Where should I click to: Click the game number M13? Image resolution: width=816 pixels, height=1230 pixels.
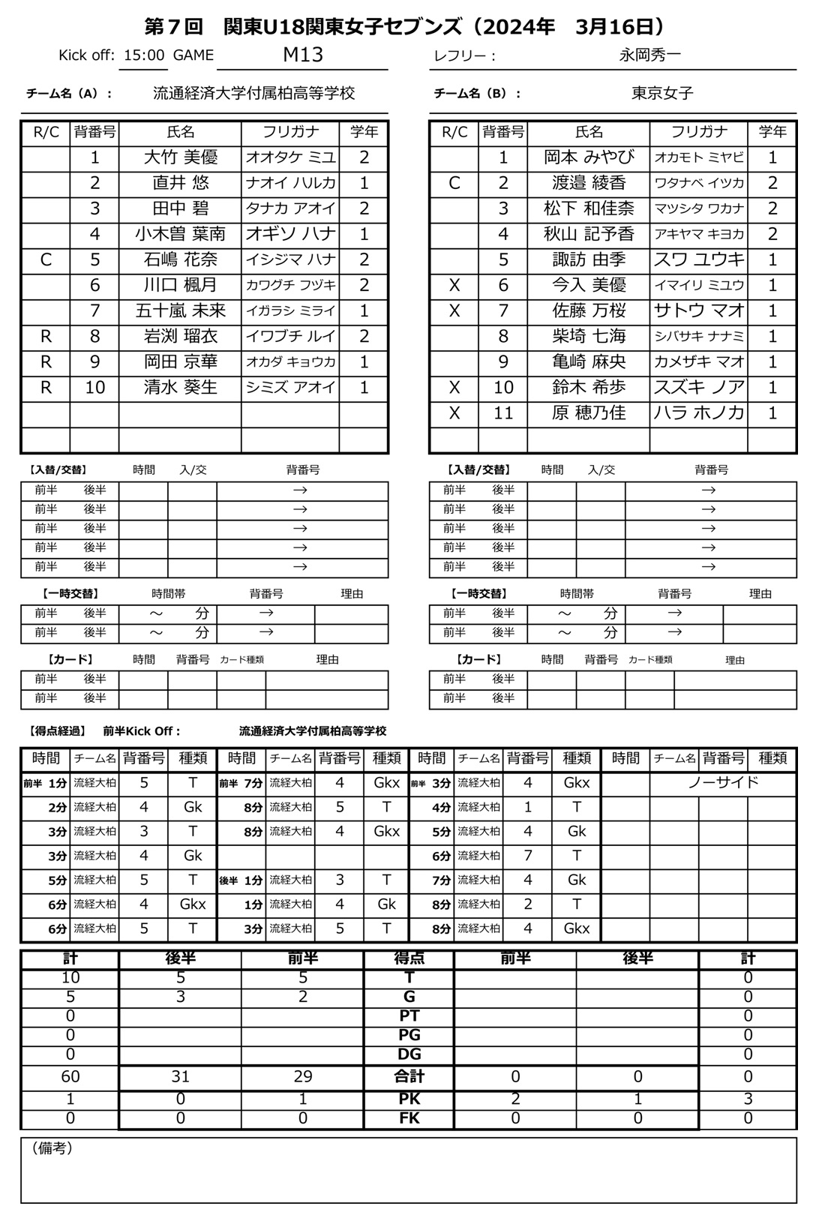[x=303, y=55]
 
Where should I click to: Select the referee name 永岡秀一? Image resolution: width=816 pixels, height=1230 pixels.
[x=649, y=55]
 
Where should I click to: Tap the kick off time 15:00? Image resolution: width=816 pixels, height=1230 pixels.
[x=144, y=55]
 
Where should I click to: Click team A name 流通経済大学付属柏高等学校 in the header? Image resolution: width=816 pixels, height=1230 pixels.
[x=253, y=94]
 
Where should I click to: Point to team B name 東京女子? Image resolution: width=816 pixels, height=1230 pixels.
[x=662, y=94]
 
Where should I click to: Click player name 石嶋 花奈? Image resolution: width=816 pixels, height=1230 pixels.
[x=180, y=260]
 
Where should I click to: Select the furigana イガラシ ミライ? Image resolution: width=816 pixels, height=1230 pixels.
[x=290, y=311]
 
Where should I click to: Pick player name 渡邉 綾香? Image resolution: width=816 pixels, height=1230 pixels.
[x=589, y=184]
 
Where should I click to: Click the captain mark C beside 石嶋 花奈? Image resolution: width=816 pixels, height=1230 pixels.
[x=46, y=260]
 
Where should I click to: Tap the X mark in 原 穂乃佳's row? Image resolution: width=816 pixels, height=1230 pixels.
[x=454, y=413]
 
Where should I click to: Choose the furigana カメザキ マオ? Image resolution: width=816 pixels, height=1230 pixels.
[x=699, y=362]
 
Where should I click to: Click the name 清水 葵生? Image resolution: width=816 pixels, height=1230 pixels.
[x=180, y=388]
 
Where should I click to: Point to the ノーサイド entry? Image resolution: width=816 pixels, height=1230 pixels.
[x=723, y=783]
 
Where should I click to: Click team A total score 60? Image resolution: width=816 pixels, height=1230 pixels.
[x=70, y=1077]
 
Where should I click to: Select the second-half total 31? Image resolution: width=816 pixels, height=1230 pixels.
[x=180, y=1077]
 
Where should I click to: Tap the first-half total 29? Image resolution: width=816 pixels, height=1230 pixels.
[x=302, y=1077]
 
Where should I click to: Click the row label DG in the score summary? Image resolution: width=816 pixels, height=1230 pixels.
[x=409, y=1054]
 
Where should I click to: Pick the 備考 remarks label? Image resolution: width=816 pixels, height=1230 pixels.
[x=52, y=1149]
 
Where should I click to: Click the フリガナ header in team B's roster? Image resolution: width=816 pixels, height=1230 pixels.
[x=699, y=133]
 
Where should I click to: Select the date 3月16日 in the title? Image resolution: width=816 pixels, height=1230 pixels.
[x=615, y=28]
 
